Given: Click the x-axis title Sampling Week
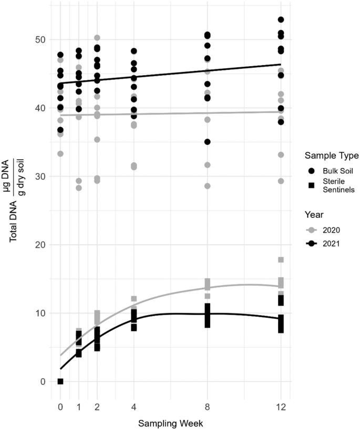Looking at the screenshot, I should (170, 422).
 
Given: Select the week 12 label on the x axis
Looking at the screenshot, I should (281, 408).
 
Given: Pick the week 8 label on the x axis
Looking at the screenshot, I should (208, 408).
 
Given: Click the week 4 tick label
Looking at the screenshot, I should (134, 408).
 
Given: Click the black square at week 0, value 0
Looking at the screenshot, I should (60, 381).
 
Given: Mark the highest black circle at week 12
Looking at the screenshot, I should (281, 19).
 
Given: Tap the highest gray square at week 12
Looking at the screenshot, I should (281, 260).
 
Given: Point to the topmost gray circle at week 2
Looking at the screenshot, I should (97, 38).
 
